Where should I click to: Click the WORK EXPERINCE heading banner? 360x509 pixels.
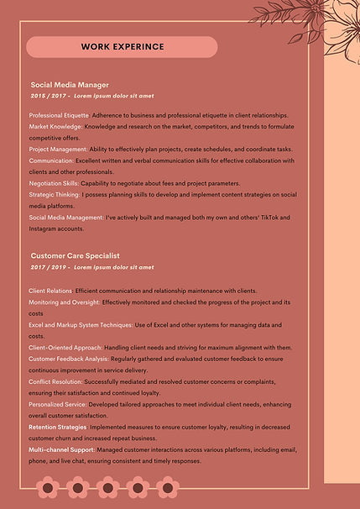123,47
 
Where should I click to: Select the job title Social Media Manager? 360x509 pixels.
70,85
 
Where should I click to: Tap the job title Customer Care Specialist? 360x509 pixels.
76,255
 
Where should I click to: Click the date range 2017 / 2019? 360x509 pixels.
48,267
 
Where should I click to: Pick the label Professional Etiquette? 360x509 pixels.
59,115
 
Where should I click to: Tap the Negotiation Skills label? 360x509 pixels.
54,183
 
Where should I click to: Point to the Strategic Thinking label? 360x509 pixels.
55,194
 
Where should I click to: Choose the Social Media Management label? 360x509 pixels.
66,218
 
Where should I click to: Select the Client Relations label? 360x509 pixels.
50,291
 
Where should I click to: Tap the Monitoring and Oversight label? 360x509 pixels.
64,302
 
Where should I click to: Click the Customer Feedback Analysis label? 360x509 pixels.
68,359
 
